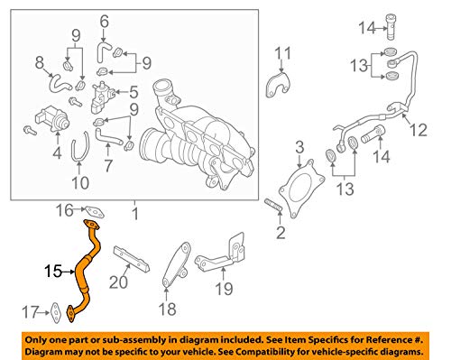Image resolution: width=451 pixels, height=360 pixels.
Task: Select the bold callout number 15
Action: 53,272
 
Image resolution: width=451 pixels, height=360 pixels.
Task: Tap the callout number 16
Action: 65,210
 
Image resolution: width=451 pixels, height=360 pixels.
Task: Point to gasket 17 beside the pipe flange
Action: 56,313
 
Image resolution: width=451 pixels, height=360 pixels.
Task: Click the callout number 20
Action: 118,282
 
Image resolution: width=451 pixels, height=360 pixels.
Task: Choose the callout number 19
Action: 224,289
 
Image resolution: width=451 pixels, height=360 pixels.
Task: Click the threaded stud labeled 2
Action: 273,205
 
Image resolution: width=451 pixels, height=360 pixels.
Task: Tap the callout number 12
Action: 419,130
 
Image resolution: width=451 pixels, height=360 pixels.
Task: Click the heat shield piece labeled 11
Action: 278,85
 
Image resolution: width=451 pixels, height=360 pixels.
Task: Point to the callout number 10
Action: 80,183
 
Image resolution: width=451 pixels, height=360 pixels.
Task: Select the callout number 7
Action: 108,166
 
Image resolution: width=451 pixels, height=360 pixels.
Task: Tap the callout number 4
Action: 57,152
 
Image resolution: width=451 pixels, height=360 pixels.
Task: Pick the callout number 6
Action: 104,21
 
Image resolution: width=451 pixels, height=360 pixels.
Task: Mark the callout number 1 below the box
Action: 135,214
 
